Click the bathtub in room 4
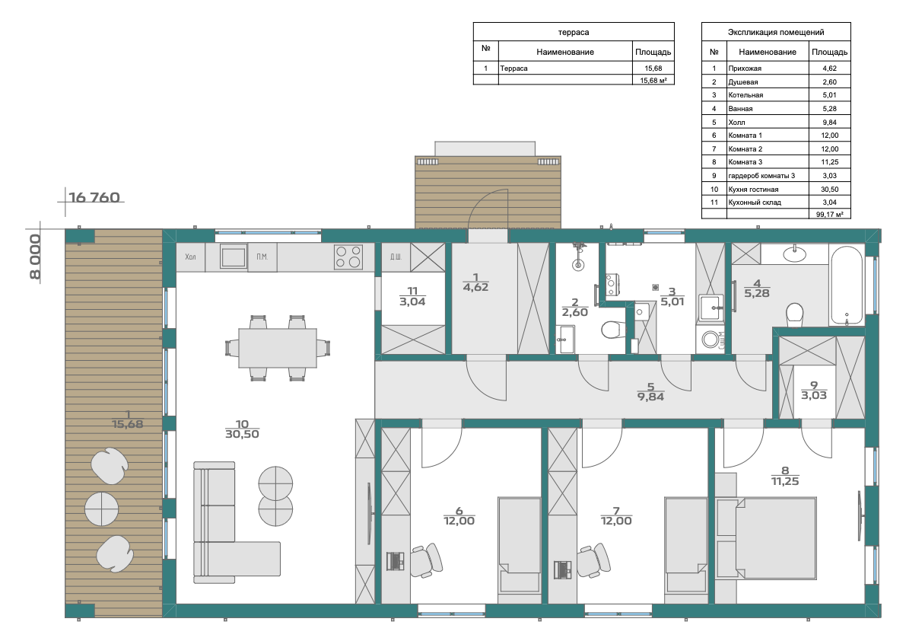click(x=847, y=285)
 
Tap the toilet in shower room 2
click(x=612, y=330)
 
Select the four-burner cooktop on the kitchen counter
click(x=348, y=257)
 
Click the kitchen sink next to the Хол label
click(x=234, y=257)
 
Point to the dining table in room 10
click(x=278, y=347)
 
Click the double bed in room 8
click(x=766, y=537)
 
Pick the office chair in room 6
click(x=427, y=560)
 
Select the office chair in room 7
click(x=594, y=560)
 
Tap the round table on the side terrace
click(x=102, y=509)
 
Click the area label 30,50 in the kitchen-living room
click(x=242, y=434)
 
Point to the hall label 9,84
click(x=650, y=397)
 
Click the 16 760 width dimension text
click(x=94, y=198)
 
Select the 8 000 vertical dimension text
click(x=35, y=257)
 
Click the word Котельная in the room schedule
click(x=745, y=95)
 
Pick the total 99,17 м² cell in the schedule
click(x=830, y=215)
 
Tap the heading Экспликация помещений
click(x=776, y=33)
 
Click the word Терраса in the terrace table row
click(x=513, y=69)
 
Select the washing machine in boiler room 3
click(x=711, y=340)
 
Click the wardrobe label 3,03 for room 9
click(x=814, y=396)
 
